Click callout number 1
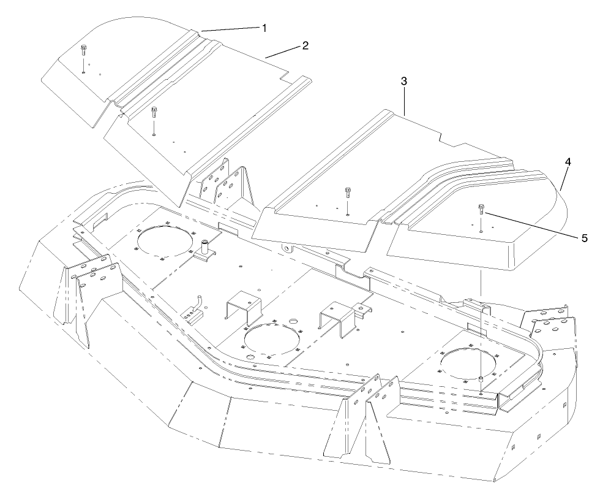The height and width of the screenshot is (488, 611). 264,28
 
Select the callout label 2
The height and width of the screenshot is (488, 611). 305,45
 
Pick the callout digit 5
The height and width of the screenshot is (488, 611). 583,238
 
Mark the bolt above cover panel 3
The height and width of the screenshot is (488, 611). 347,191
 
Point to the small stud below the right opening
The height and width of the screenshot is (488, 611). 482,381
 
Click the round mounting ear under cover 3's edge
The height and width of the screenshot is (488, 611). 287,248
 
